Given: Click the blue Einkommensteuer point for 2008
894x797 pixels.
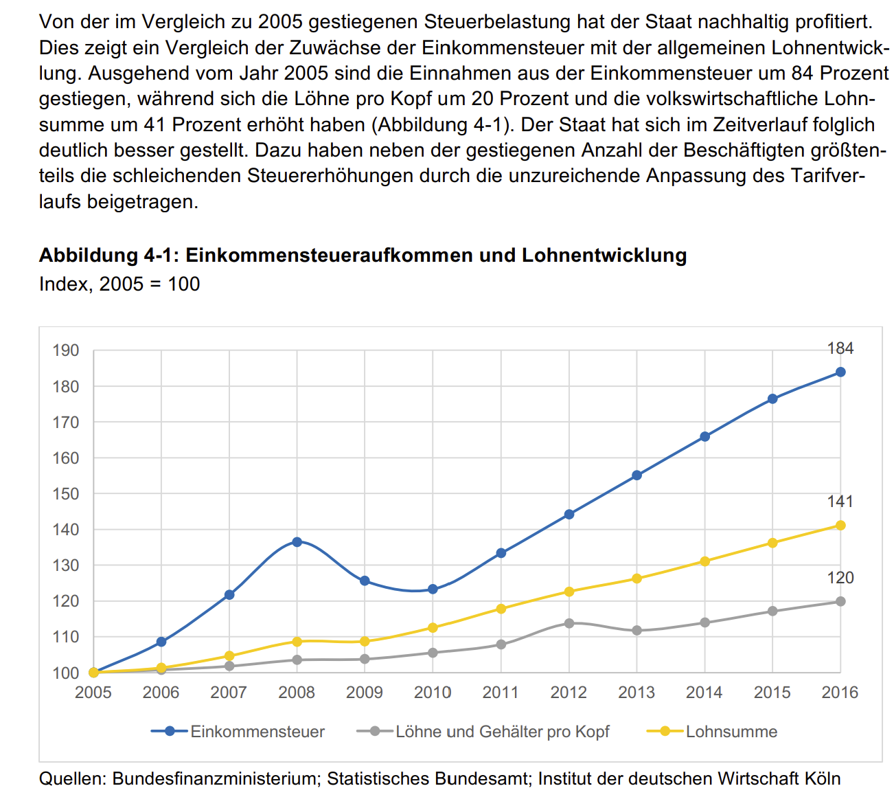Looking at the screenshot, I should [x=297, y=542].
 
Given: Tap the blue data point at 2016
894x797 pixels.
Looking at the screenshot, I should [x=840, y=372].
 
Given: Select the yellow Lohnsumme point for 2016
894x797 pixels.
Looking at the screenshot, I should [x=840, y=526].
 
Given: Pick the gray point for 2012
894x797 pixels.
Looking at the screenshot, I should [x=569, y=623].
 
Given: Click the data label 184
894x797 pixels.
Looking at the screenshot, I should [x=840, y=349].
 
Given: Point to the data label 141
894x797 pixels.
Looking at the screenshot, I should [x=840, y=502].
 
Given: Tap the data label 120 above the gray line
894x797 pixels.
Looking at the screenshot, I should [x=840, y=578].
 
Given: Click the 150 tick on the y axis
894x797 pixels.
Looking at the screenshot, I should [x=66, y=494].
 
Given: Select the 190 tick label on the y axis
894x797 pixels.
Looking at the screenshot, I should [x=66, y=350].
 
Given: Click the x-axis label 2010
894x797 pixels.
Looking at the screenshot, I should [x=433, y=693].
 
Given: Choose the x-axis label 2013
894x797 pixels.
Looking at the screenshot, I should [x=637, y=693].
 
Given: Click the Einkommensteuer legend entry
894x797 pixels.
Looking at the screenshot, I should [x=257, y=732].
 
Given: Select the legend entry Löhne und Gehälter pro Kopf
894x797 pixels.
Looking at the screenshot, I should [x=502, y=732].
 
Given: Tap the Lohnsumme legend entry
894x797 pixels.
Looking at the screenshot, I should [x=731, y=732].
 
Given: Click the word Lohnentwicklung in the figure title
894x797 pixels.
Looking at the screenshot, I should [x=604, y=256].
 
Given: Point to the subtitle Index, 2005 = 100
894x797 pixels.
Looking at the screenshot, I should [x=119, y=284].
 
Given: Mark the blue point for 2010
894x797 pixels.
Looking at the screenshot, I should [x=433, y=589].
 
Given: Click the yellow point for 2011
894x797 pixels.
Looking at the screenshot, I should [x=501, y=609].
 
